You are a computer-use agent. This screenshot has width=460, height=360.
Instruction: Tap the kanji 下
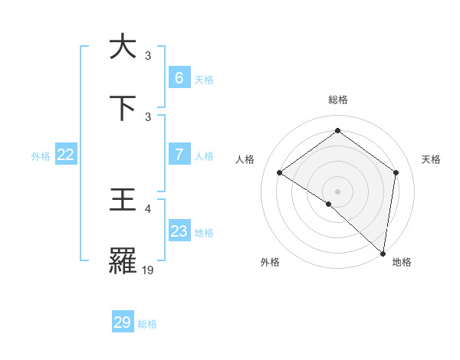pos(123,107)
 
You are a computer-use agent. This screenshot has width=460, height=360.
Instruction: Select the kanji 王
pos(123,201)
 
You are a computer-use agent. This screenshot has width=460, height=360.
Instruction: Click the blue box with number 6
pos(179,78)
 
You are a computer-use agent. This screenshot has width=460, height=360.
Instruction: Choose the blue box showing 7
pos(179,155)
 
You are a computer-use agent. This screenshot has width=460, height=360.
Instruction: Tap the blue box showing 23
pos(179,231)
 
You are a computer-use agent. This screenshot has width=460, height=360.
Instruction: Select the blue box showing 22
pos(66,155)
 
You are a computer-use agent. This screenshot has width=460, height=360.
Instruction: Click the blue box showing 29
pos(123,322)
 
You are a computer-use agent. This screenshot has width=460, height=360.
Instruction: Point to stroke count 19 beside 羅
pos(148,270)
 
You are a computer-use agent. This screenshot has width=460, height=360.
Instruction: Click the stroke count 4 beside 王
pos(148,208)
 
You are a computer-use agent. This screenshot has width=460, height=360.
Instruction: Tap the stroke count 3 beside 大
pos(148,55)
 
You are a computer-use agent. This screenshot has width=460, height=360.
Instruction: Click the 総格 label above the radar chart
pos(337,100)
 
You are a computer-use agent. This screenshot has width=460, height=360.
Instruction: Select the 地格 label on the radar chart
pos(402,262)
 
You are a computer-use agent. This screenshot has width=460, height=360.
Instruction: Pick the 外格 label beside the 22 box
pos(41,156)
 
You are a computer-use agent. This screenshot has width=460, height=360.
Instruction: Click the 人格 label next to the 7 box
pos(204,156)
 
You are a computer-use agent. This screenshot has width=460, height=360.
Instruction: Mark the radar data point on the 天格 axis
pos(396,172)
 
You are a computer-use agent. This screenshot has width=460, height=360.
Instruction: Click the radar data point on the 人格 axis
pos(280,172)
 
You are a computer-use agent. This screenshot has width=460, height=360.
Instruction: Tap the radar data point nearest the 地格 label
pos(383,253)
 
